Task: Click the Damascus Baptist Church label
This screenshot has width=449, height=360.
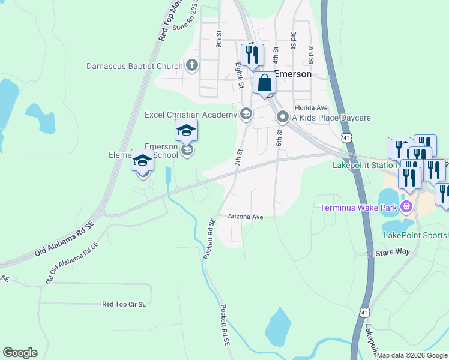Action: point(134,65)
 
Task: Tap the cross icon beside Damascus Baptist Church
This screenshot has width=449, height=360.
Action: point(192,65)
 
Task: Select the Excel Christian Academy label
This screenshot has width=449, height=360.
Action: point(191,114)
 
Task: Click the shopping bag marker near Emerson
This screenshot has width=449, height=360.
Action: point(264,84)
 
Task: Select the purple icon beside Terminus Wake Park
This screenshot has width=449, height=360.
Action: point(407,208)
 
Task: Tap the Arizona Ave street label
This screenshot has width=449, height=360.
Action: point(246,216)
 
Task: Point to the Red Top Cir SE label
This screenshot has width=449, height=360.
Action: point(124,304)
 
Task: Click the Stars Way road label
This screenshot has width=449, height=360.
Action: point(392,253)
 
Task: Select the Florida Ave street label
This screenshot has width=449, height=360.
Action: point(310,108)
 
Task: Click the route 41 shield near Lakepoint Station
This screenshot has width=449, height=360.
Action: point(346,138)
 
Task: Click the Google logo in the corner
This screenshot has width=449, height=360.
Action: point(20,353)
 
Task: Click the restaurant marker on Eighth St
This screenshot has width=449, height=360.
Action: point(252,55)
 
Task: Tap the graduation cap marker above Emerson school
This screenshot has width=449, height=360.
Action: point(186,130)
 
